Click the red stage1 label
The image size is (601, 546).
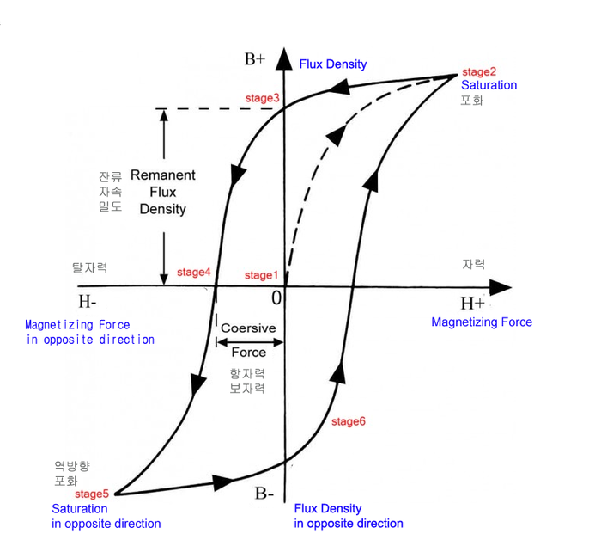tap(262, 275)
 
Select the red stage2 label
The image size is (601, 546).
tap(479, 71)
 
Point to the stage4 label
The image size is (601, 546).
tap(194, 273)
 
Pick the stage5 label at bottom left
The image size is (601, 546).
tap(92, 494)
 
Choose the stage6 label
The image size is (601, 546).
tap(349, 421)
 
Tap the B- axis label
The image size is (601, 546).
tap(264, 494)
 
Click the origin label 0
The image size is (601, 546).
tap(276, 298)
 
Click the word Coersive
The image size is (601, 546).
tap(248, 328)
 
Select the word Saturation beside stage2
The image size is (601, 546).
tap(489, 85)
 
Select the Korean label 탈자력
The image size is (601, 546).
tap(90, 268)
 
